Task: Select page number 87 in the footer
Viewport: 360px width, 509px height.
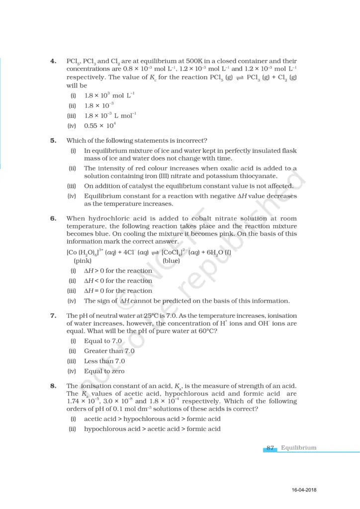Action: click(x=270, y=448)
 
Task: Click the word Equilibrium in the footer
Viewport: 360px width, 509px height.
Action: click(x=298, y=448)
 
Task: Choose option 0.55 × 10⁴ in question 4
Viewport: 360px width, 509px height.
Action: click(x=100, y=126)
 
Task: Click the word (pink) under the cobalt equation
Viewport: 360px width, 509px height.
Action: click(x=83, y=260)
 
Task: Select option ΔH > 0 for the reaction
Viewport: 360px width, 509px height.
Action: click(x=118, y=271)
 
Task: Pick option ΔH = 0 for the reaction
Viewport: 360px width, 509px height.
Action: click(x=118, y=291)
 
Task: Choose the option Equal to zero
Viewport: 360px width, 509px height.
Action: click(x=104, y=371)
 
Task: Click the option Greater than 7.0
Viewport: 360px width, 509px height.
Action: click(x=109, y=351)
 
